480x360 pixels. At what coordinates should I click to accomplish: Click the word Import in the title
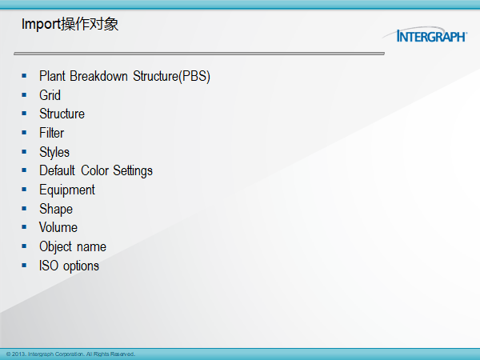[41, 25]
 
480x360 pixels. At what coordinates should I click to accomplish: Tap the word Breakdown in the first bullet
[98, 76]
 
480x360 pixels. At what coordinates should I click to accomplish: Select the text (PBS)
[194, 76]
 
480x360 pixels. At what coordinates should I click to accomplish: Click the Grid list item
[50, 95]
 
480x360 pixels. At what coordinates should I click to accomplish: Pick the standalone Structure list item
[62, 114]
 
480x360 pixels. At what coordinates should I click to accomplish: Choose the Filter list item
[51, 133]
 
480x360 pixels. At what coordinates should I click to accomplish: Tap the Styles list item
[54, 152]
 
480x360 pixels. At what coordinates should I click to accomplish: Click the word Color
[95, 170]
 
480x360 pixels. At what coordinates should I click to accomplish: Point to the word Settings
[133, 171]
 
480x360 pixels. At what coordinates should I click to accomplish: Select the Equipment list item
[67, 190]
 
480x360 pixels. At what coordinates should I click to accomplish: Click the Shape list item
[56, 210]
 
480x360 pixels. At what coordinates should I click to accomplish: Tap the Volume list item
[58, 227]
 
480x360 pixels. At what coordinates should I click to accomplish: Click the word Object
[55, 247]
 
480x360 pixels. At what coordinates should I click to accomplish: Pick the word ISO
[48, 266]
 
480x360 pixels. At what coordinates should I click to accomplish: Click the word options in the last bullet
[81, 266]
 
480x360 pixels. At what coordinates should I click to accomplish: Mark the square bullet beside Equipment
[24, 190]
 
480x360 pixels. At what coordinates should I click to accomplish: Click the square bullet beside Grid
[24, 95]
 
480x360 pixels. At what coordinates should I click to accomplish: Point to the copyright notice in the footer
[70, 354]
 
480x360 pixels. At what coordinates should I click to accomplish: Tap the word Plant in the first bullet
[52, 76]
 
